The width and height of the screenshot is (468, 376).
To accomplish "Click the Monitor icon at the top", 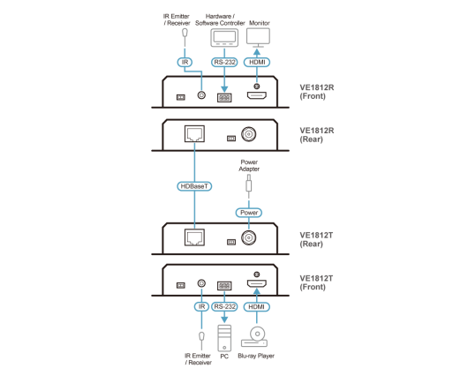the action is point(258,38).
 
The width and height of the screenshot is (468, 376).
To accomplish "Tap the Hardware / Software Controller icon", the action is point(224,38).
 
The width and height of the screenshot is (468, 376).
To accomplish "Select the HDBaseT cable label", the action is point(194,186).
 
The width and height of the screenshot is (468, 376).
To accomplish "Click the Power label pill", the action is point(249,213).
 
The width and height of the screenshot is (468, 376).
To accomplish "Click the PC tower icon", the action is point(224,338).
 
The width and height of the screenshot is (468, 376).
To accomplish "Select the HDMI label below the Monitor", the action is point(257,62).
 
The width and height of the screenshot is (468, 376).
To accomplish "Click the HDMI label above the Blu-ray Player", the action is point(257,307).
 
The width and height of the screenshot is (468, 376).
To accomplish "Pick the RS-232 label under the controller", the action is point(224,62).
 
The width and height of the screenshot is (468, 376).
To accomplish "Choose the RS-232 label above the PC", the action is point(224,307).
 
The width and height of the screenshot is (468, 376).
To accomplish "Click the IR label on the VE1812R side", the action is point(185,62).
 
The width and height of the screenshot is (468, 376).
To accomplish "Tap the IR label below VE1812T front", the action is point(201,307).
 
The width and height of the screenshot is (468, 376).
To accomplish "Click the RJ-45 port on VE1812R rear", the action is point(194,133).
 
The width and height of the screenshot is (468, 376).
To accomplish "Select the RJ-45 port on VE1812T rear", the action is point(194,237).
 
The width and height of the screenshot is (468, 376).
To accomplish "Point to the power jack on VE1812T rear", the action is point(249,237).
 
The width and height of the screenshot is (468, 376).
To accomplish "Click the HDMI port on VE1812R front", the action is point(257,95).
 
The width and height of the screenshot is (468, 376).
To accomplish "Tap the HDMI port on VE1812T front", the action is point(257,283).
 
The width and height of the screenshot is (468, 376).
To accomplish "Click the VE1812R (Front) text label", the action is point(317,92).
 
